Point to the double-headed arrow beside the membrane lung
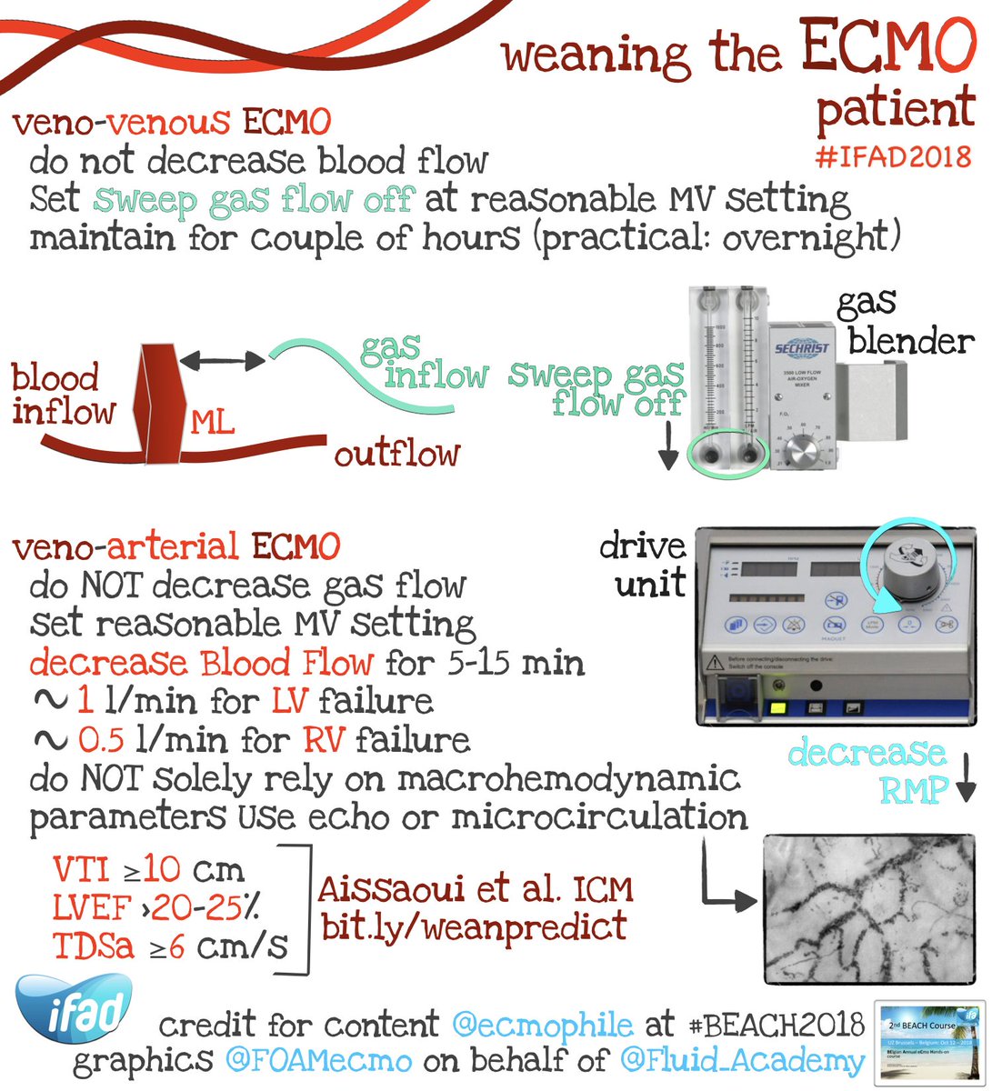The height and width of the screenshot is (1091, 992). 221,361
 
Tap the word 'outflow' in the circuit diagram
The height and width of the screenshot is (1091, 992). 396,452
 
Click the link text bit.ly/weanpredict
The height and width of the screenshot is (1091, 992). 474,926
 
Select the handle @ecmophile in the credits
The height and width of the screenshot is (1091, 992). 544,1026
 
